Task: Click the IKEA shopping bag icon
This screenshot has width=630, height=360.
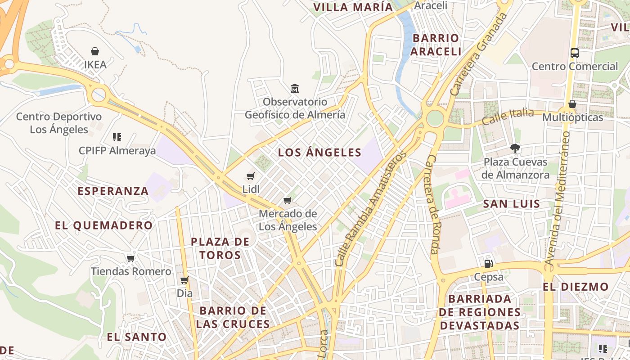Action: point(95,51)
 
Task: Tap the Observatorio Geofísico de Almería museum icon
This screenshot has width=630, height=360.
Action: point(295,88)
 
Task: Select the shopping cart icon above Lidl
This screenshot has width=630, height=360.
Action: point(251,176)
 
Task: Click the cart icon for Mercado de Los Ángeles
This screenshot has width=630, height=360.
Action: point(288,200)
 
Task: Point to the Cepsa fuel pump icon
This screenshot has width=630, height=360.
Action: point(488,263)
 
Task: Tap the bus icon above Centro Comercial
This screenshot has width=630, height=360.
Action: point(575,53)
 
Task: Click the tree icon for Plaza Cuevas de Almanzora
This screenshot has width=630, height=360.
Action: point(515,148)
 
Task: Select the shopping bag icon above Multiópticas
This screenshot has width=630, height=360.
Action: point(572,104)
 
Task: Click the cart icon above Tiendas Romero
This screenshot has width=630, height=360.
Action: point(131,258)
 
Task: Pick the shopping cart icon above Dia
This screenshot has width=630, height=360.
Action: point(184,280)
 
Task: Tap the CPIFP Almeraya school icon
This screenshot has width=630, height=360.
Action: point(117,137)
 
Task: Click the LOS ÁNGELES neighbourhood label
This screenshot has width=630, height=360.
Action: point(319,153)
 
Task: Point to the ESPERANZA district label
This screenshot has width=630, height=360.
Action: point(113,191)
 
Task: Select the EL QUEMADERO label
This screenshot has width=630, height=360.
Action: point(104,225)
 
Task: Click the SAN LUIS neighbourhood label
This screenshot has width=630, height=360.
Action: point(512,204)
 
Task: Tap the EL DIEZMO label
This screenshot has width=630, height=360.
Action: point(576,287)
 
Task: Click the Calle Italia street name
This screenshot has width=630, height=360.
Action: point(508,117)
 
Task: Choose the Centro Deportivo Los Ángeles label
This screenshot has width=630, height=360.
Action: point(59,123)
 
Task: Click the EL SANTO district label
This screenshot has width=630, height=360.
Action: point(137,337)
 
